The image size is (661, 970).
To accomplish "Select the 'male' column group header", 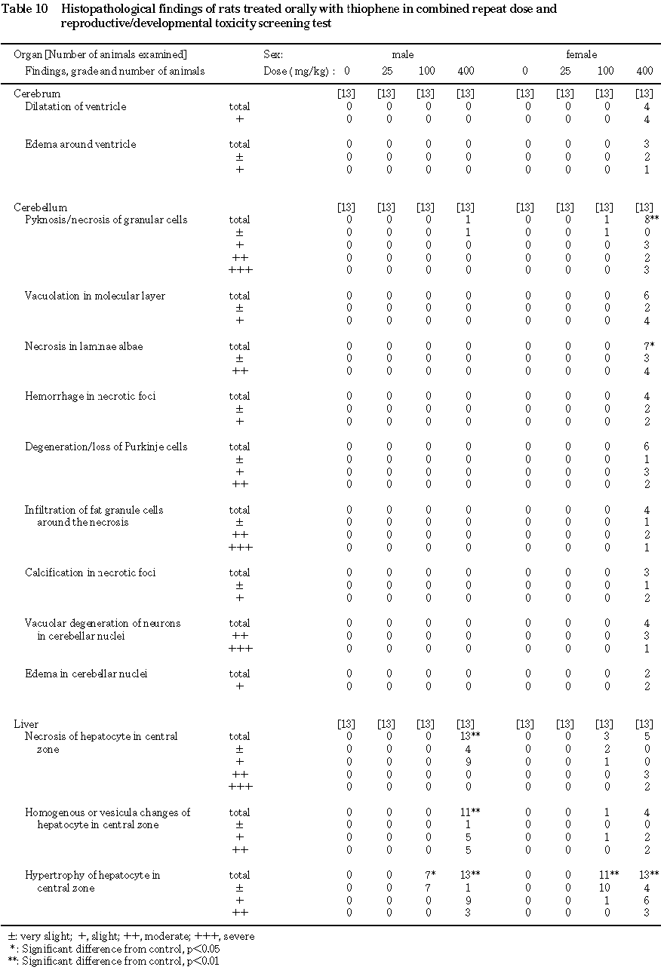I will click(402, 55).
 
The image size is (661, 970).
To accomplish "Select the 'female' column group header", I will click(582, 55).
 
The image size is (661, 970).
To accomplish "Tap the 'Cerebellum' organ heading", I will click(41, 207).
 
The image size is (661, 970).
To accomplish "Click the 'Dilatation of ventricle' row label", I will click(75, 106).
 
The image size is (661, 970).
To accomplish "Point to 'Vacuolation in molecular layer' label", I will click(95, 296).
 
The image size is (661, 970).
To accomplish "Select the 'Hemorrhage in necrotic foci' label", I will click(91, 396).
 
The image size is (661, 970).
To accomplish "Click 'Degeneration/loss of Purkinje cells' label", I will click(106, 447).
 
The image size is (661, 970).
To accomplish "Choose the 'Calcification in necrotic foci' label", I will click(91, 572).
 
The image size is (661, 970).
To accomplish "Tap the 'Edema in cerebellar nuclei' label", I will click(85, 674).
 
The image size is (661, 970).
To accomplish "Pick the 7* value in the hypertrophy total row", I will click(429, 876).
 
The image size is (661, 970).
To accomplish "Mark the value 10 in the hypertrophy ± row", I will click(605, 889).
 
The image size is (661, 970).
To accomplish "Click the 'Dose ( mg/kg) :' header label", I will click(300, 71).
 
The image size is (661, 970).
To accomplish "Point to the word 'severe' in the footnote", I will click(239, 936).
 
